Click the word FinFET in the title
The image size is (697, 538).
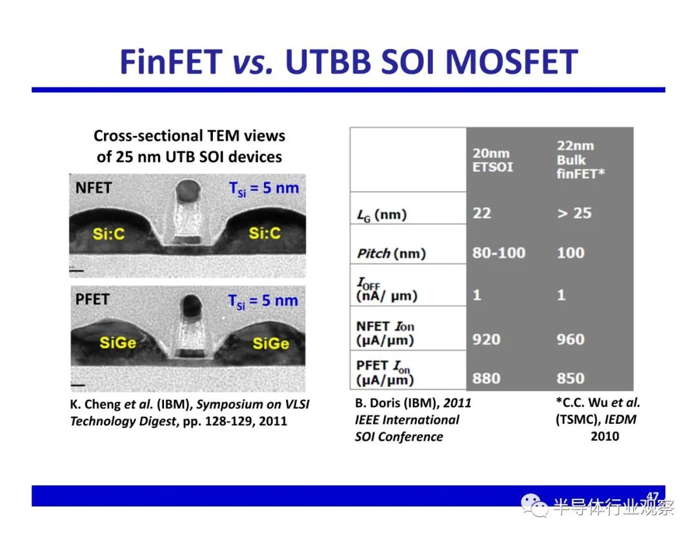[171, 61]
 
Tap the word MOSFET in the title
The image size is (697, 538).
[511, 61]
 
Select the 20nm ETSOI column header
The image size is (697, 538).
[492, 160]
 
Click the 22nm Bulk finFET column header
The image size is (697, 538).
[581, 160]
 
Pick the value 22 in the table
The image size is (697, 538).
[481, 214]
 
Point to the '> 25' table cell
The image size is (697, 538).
[574, 214]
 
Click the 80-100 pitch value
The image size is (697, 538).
[499, 253]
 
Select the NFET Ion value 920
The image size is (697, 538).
[487, 339]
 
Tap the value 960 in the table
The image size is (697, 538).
[571, 339]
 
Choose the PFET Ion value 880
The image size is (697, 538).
[487, 379]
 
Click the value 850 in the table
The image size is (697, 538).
[571, 379]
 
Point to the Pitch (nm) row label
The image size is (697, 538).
[391, 254]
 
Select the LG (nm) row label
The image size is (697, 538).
[382, 215]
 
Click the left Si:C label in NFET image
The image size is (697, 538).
[108, 234]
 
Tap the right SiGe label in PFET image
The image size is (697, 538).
[270, 343]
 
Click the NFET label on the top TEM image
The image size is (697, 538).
[94, 188]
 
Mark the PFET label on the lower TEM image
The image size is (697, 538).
[92, 299]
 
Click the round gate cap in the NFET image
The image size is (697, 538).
[188, 191]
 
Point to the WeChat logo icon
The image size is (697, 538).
[534, 506]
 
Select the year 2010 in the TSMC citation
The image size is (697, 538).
[605, 436]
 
